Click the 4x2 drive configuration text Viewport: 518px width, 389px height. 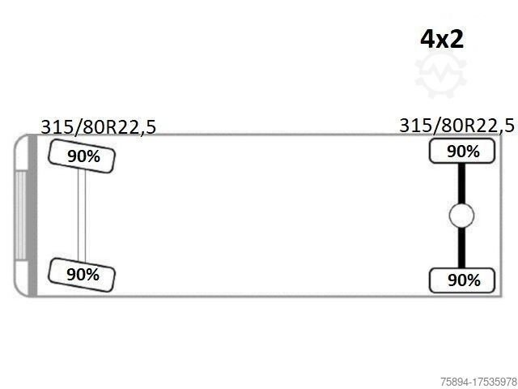coord(442,39)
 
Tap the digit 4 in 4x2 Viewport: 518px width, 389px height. coord(427,39)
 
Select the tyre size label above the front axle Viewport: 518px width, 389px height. coord(98,126)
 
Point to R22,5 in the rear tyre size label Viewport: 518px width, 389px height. coord(490,126)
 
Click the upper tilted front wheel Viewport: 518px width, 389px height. coord(82,156)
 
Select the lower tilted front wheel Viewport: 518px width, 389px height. coord(82,275)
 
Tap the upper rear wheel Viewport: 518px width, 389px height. coord(462,152)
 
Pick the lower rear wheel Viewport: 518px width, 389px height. coord(462,280)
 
